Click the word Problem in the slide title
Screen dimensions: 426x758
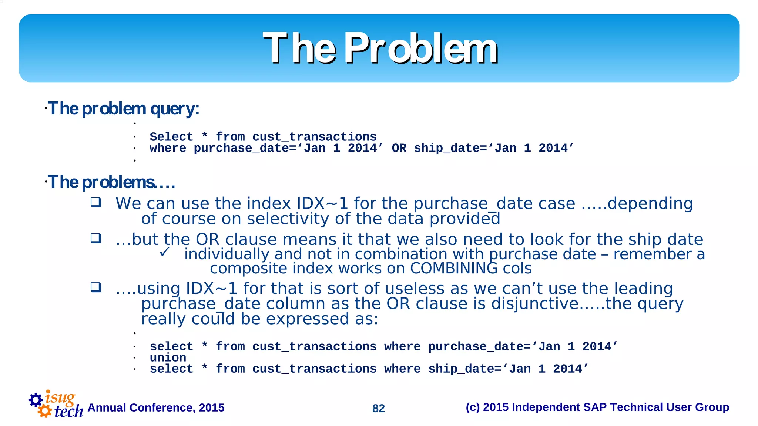[x=421, y=49]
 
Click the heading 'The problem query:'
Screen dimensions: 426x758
[x=123, y=109]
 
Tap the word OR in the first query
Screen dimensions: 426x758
[x=399, y=148]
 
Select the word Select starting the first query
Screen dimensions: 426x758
[x=171, y=137]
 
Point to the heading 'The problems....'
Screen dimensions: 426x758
[x=111, y=182]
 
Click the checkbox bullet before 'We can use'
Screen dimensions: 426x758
[x=96, y=202]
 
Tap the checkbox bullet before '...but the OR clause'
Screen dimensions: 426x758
[x=96, y=238]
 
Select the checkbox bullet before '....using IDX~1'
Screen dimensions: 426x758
[x=96, y=287]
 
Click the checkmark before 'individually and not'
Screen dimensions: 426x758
[x=165, y=252]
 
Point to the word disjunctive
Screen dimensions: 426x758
[x=534, y=304]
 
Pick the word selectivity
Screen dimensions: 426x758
[x=287, y=219]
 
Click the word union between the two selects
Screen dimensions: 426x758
[x=168, y=358]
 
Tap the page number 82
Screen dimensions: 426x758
[x=378, y=408]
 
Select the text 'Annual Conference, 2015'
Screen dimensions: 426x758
[x=156, y=407]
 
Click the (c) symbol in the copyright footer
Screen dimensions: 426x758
[x=472, y=407]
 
